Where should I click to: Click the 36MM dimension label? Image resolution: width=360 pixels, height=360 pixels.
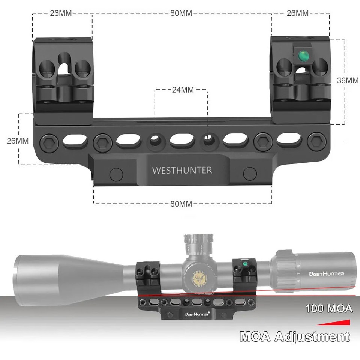tap(348, 80)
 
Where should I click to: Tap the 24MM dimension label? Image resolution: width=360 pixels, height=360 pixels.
tap(181, 90)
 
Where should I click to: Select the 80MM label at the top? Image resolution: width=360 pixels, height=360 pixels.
tap(181, 13)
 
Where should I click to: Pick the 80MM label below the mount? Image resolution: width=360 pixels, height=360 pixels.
tap(181, 204)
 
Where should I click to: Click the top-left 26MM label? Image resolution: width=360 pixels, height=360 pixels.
tap(61, 13)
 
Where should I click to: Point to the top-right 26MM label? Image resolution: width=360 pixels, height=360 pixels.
tap(298, 13)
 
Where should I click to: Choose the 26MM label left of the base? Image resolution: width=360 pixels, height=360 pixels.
tap(18, 141)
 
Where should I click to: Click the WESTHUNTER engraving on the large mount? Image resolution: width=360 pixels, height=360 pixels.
tap(182, 170)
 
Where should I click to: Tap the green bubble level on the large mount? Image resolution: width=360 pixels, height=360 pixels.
tap(302, 56)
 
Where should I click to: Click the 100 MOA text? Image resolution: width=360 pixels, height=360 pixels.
tap(329, 309)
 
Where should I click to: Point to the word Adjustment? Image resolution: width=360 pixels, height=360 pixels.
tap(312, 336)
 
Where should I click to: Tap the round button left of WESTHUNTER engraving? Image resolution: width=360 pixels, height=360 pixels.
tap(116, 173)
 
